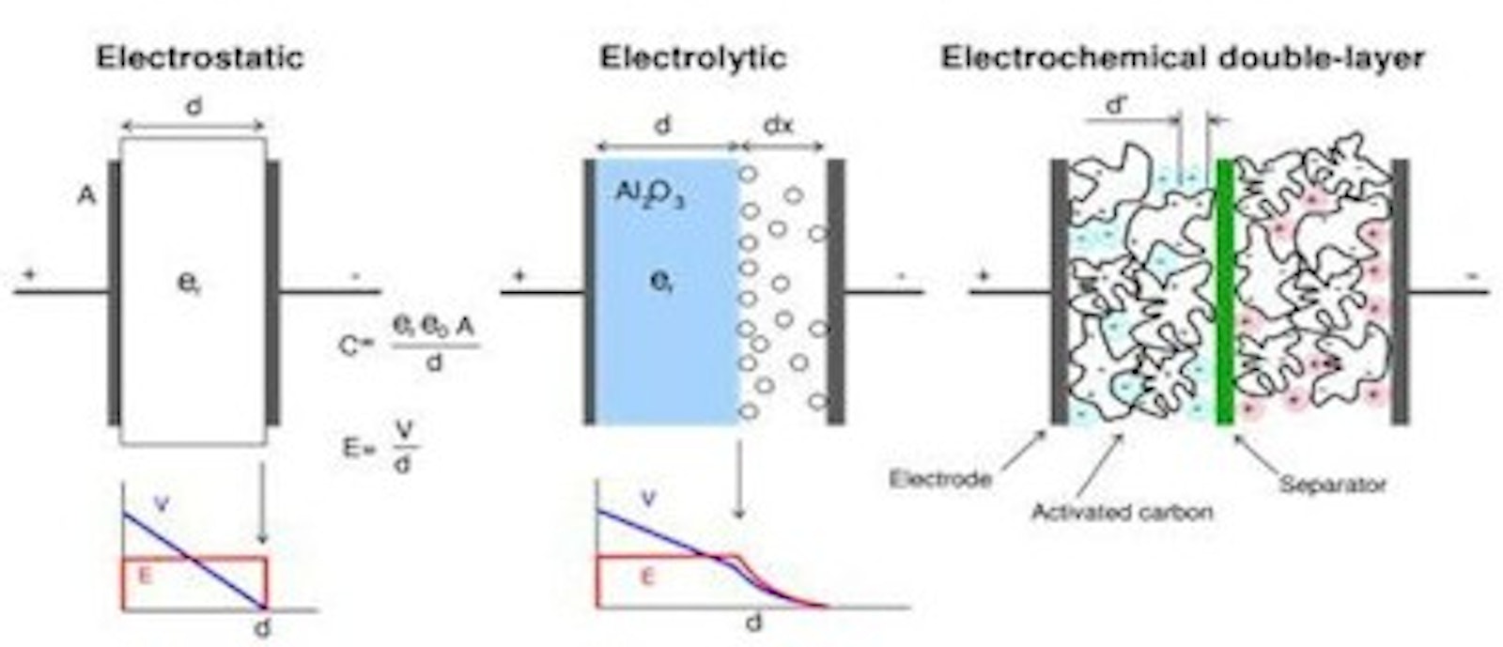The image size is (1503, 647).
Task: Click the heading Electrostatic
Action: click(200, 58)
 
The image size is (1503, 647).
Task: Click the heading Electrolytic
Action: click(693, 58)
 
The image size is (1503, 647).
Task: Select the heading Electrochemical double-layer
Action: click(1183, 58)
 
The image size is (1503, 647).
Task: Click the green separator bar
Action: click(1224, 291)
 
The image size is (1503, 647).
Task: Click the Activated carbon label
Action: click(1123, 512)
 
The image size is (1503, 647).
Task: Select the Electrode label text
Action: click(939, 479)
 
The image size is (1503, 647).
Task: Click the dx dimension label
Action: click(778, 125)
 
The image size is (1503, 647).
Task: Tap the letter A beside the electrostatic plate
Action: click(85, 197)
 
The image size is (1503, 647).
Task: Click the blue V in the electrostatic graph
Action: click(161, 504)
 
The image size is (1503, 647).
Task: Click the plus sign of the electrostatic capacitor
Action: click(31, 274)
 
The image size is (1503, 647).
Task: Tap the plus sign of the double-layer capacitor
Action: click(984, 276)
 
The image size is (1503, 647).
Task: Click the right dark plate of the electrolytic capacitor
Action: click(834, 291)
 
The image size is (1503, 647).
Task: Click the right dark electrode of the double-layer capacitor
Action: click(1400, 291)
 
